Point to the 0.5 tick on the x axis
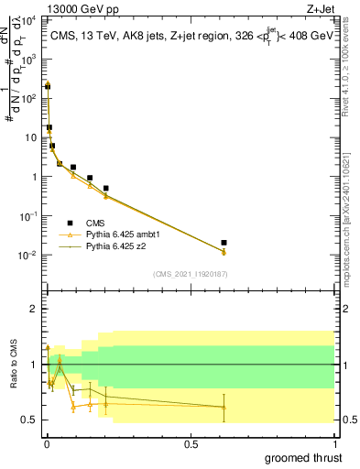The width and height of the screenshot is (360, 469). [x=191, y=443]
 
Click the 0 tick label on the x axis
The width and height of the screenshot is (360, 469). [x=46, y=443]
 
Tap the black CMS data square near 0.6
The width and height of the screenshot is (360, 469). [x=224, y=243]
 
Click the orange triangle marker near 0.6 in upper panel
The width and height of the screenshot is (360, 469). [x=224, y=252]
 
